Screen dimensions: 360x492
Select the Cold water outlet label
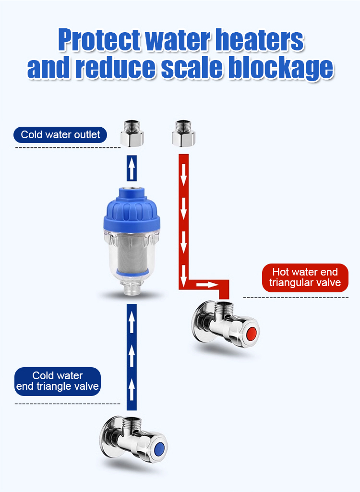coord(60,135)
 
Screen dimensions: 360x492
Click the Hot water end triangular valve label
coord(305,278)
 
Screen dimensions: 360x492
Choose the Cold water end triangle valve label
coord(58,381)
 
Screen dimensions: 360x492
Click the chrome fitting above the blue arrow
coord(132,133)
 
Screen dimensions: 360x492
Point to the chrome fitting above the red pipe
coord(184,133)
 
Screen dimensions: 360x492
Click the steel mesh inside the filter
coord(132,253)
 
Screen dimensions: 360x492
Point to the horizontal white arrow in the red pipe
coord(207,285)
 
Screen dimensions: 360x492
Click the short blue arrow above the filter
coord(132,168)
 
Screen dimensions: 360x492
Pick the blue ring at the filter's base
coord(132,272)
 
